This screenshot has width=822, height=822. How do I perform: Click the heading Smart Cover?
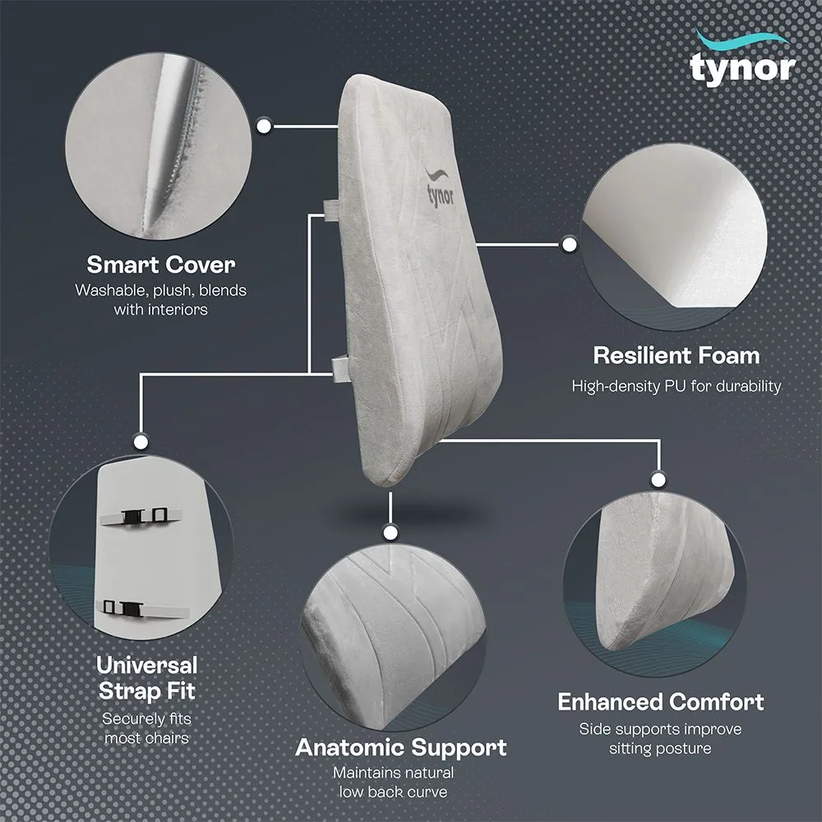161,265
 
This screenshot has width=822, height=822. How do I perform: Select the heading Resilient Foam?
676,356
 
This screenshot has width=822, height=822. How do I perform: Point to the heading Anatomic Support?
400,747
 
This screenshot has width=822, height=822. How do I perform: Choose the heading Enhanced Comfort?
660,702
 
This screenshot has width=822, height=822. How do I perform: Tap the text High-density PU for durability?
676,386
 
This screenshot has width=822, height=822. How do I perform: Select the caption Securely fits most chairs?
147,727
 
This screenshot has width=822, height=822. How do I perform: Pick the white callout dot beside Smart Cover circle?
265,126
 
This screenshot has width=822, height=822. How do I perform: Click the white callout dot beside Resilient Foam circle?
567,244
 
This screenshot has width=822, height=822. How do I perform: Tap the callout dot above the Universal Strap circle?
141,441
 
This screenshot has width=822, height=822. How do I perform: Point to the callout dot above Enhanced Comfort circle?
657,478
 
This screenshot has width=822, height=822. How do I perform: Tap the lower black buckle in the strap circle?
130,607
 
